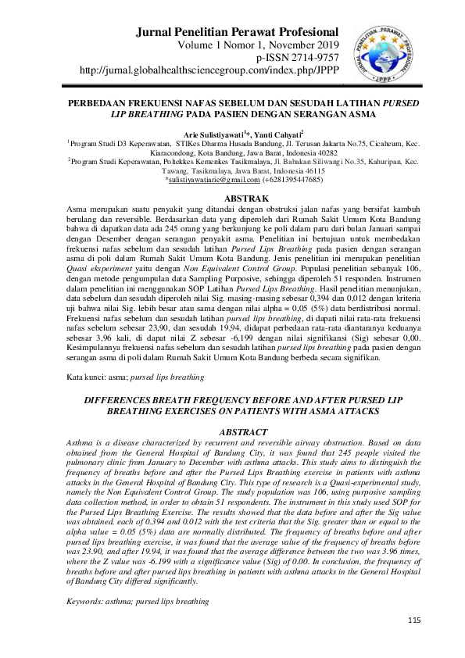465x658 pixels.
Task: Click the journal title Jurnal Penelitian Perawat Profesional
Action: pos(237,33)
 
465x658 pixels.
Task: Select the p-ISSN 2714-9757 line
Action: pos(297,58)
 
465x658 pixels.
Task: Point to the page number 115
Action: pos(414,620)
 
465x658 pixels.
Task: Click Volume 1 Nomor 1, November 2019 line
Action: pos(264,46)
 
